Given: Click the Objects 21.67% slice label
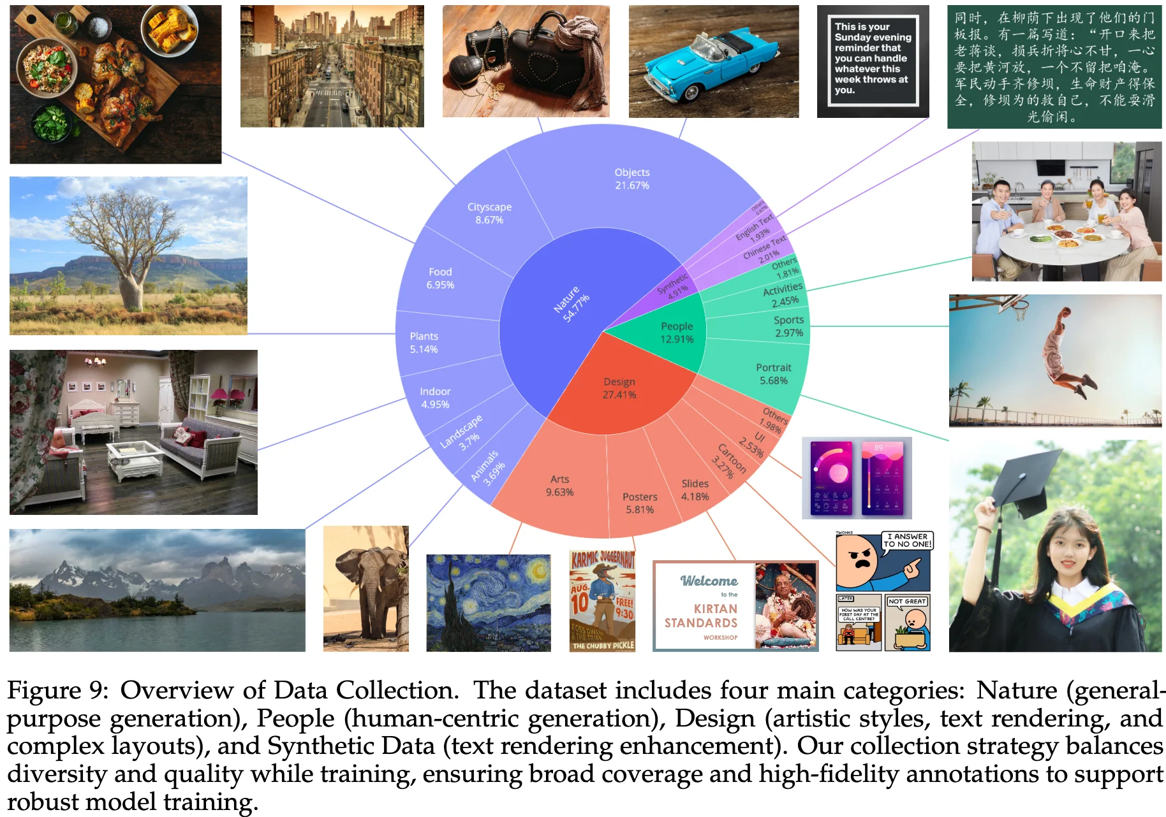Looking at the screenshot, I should (x=631, y=179).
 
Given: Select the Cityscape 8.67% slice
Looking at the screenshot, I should (x=489, y=213).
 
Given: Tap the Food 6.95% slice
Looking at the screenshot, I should (x=440, y=278).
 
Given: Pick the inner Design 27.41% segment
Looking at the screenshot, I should (x=619, y=388).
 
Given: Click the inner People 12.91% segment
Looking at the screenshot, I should (x=676, y=333).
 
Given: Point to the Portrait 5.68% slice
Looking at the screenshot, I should (x=773, y=374).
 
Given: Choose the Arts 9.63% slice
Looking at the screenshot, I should (x=559, y=486).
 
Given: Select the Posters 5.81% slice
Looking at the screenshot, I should (x=640, y=503).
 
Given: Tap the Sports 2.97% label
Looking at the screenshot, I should (x=788, y=326).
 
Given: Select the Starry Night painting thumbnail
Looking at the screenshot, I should (x=488, y=602).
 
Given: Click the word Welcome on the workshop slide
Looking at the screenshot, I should (x=709, y=581).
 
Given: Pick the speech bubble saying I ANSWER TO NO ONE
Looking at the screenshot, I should (x=907, y=540).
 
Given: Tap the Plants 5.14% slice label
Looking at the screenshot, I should (x=424, y=343).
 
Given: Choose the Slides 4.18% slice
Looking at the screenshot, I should (x=695, y=490).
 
